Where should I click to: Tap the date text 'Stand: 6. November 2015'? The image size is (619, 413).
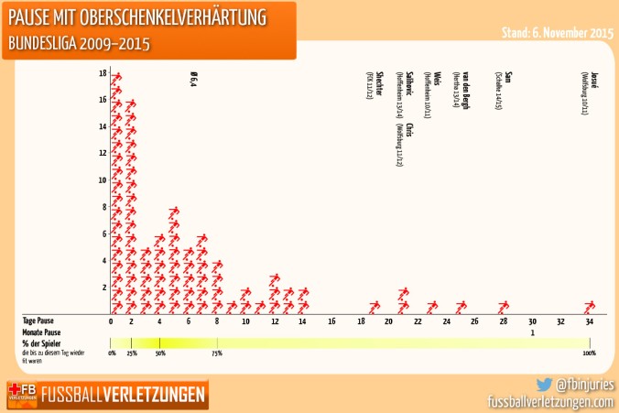(558, 32)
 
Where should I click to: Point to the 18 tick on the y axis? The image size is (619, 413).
(103, 73)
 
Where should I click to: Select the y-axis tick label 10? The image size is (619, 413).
(103, 180)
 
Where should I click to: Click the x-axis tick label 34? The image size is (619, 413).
(590, 321)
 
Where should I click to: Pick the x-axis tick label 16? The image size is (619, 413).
(331, 321)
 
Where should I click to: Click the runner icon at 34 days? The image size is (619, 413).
(590, 306)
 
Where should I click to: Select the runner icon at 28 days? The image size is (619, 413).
(503, 306)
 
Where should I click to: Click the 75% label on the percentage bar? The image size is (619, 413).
(217, 353)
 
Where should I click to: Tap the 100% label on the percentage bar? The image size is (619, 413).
(589, 353)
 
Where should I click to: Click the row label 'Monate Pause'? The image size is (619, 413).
(41, 332)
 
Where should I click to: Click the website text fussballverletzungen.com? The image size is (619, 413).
(549, 401)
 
